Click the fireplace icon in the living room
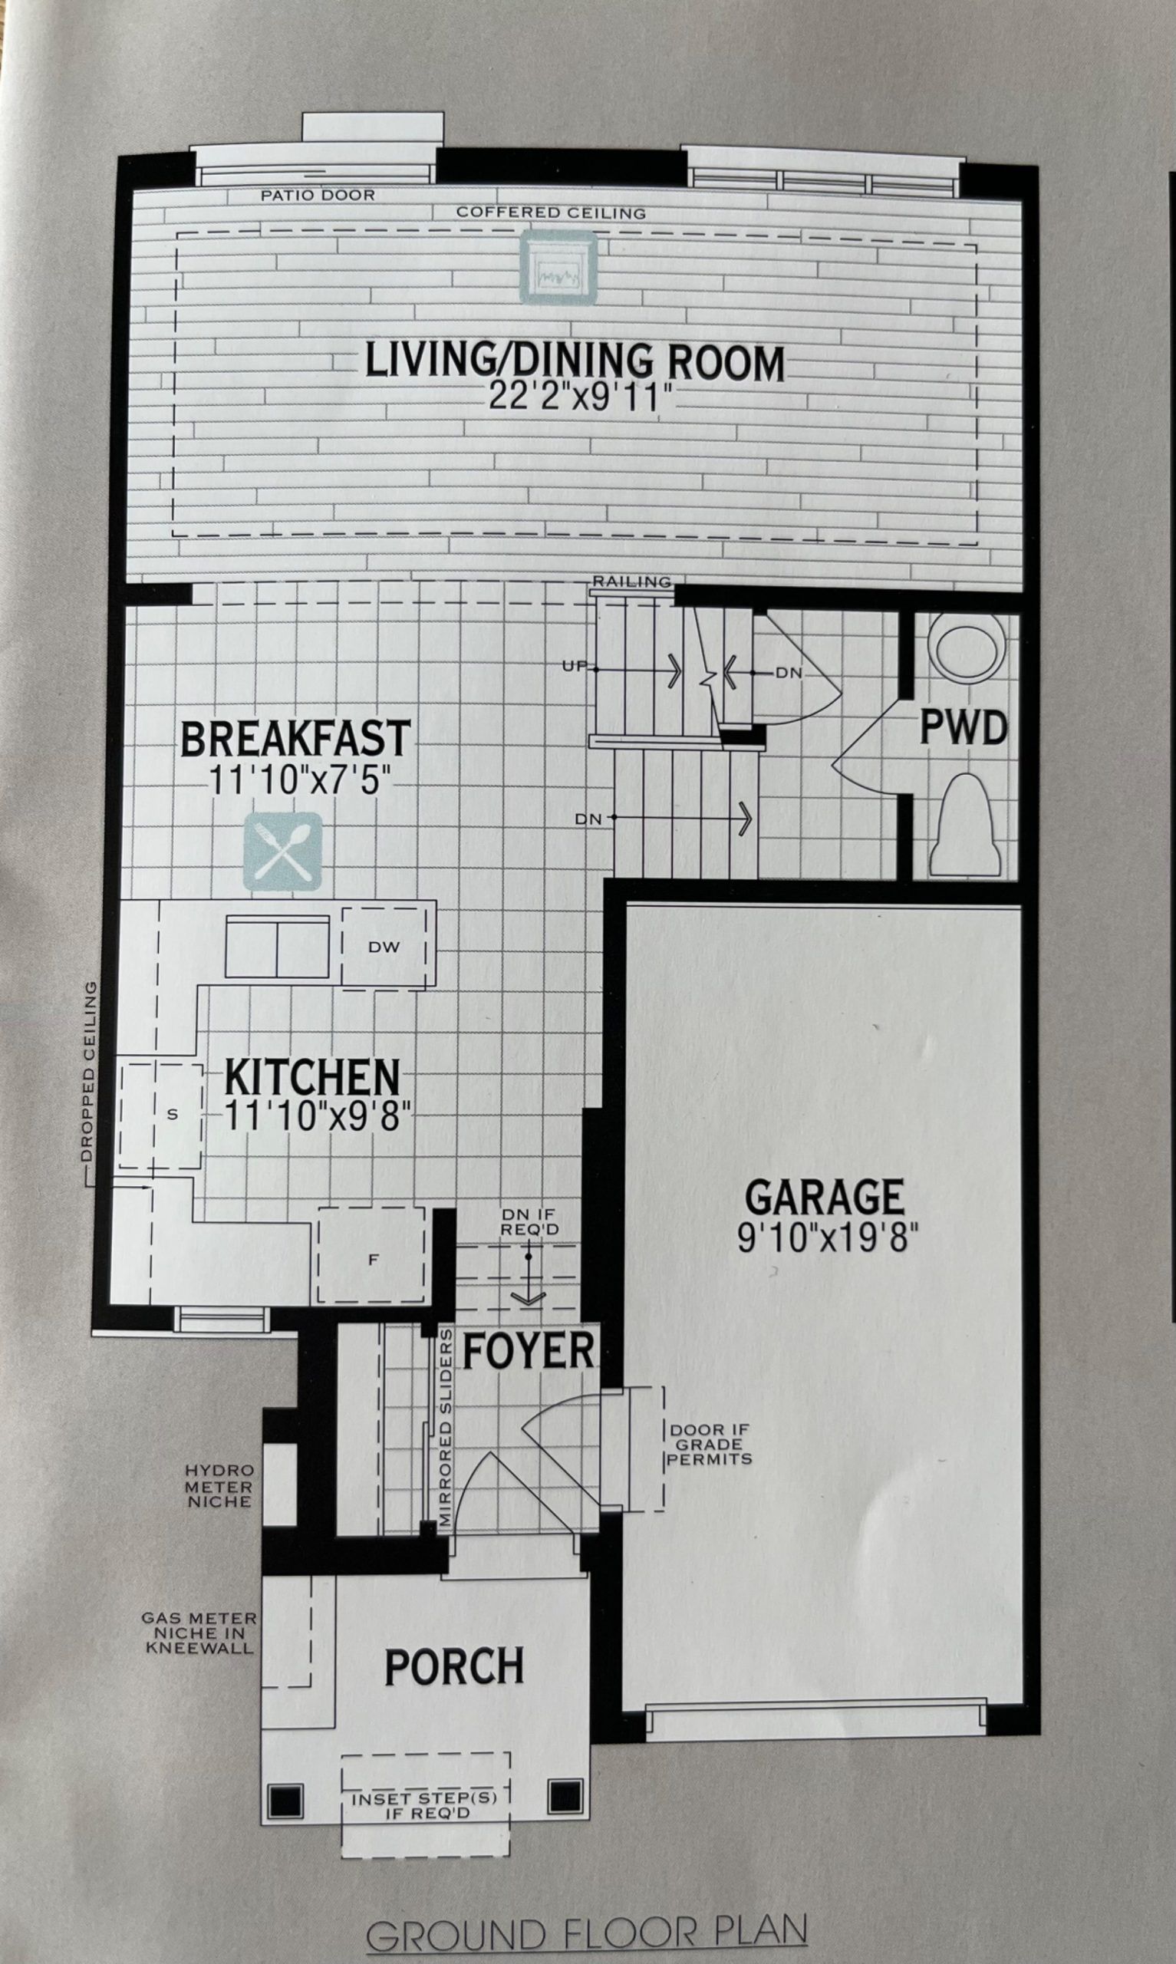tap(558, 267)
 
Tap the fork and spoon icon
tap(283, 852)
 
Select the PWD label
tap(963, 727)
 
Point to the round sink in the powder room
tap(965, 648)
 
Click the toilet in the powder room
tap(965, 825)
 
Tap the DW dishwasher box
tap(384, 946)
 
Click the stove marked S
tap(162, 1115)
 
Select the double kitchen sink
tap(278, 946)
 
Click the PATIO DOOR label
tap(318, 195)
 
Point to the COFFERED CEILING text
tap(551, 213)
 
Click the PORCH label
tap(455, 1667)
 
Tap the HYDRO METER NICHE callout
tap(219, 1486)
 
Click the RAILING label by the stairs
tap(632, 582)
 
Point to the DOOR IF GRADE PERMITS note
tap(709, 1445)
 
